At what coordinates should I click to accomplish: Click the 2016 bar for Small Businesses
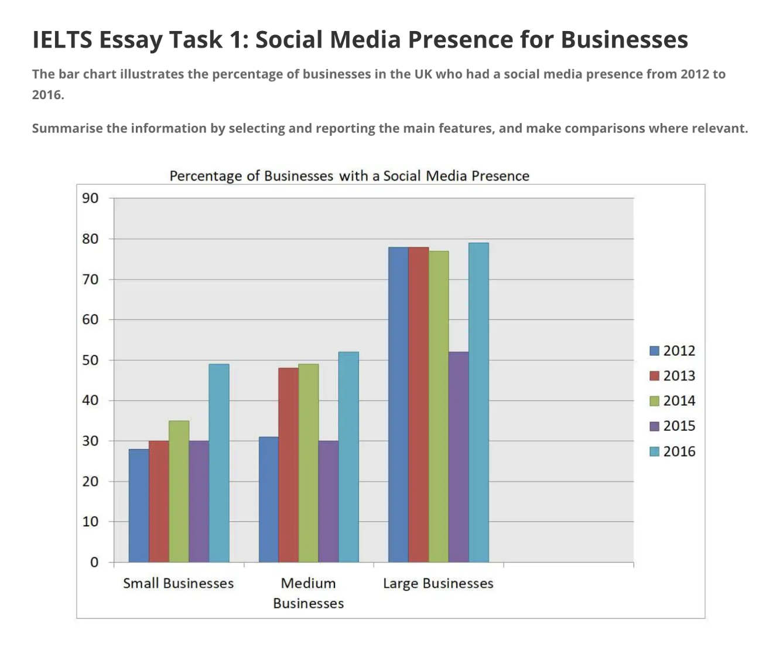219,463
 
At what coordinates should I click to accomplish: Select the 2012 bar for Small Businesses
139,505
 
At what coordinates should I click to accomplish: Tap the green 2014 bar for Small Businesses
179,491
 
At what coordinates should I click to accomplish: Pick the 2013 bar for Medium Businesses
289,465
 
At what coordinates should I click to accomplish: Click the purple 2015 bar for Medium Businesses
329,501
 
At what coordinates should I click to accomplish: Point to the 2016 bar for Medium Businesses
348,457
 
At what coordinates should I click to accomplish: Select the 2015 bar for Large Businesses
459,457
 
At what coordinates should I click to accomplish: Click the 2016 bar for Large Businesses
478,403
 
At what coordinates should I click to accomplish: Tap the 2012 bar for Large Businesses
399,404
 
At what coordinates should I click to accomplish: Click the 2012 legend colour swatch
655,351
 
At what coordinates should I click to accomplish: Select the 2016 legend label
679,451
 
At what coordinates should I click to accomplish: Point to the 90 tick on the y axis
91,198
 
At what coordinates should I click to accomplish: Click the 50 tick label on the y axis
91,360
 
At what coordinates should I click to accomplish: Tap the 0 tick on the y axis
94,562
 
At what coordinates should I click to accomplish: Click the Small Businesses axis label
179,583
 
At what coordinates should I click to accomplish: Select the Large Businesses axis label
438,583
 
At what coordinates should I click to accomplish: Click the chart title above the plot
349,176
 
